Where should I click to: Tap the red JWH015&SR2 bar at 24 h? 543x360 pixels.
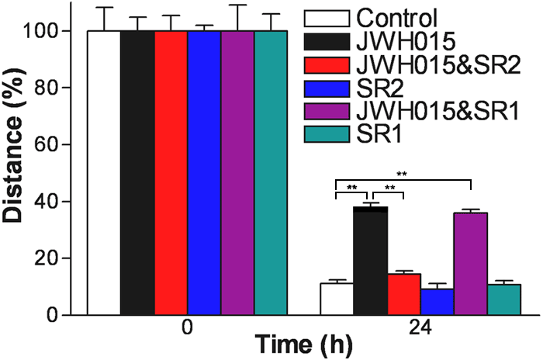click(x=403, y=294)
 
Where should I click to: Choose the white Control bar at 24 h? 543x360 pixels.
click(x=337, y=299)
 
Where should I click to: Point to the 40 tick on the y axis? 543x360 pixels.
click(x=74, y=201)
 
